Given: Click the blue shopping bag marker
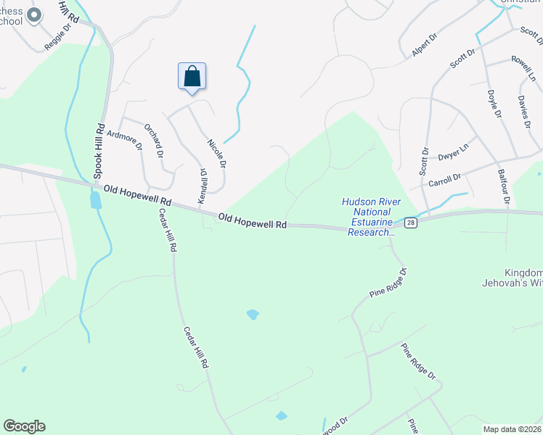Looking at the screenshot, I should pos(192,77).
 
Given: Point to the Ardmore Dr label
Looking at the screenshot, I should pos(125,138).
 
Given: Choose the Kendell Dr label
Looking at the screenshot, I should pos(203,187).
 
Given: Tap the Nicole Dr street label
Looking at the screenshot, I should pos(217,153).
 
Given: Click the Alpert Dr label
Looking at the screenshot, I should pos(425,44).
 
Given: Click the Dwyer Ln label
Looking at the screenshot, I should pos(454,156).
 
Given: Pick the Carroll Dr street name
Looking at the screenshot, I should pos(445,178).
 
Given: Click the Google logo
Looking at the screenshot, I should pos(24,426).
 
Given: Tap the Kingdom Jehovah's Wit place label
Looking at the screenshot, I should pos(513,289).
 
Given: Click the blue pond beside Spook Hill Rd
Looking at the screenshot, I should pos(96,200).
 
